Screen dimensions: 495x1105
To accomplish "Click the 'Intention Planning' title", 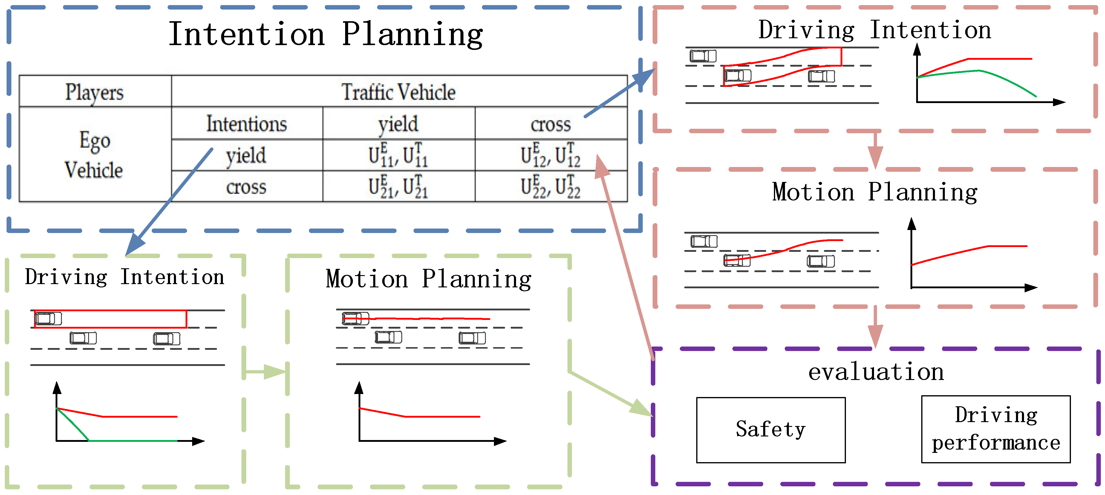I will (x=325, y=34).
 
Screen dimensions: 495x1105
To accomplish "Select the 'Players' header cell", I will (x=94, y=92).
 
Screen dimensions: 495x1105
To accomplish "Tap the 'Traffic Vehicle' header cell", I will (x=399, y=92).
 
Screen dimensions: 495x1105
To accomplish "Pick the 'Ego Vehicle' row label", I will (x=94, y=155).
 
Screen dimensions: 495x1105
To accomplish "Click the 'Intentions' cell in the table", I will (x=247, y=124).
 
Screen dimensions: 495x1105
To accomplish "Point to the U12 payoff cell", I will (x=551, y=155).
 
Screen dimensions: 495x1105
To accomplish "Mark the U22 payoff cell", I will (x=551, y=187).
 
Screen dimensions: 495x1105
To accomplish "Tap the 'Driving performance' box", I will (x=996, y=429).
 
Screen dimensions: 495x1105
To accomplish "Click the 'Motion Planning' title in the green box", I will (x=428, y=279).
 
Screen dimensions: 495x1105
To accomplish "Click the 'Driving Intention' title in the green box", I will (x=124, y=277).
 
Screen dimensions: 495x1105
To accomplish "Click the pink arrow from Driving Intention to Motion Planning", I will (x=875, y=150).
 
